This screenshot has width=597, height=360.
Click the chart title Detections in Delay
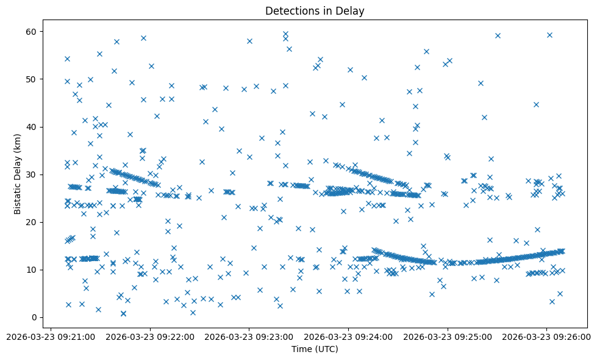coord(315,11)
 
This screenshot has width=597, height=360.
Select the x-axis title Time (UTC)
coord(315,350)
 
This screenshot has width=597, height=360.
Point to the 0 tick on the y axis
coord(35,317)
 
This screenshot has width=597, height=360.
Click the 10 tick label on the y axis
coord(32,270)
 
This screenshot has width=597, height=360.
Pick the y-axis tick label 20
coord(32,222)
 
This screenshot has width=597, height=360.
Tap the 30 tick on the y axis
coord(32,175)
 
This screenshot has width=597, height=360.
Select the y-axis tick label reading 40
coord(32,127)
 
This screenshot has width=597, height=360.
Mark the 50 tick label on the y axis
coord(32,79)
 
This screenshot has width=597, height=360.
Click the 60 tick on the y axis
coord(32,32)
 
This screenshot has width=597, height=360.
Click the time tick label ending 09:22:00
coord(151,336)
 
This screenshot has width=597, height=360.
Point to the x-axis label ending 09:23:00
coord(249,336)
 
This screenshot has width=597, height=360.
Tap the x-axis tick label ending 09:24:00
coord(349,336)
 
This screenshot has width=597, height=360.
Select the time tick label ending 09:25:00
coord(448,336)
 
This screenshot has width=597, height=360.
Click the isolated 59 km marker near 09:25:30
coord(498,35)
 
